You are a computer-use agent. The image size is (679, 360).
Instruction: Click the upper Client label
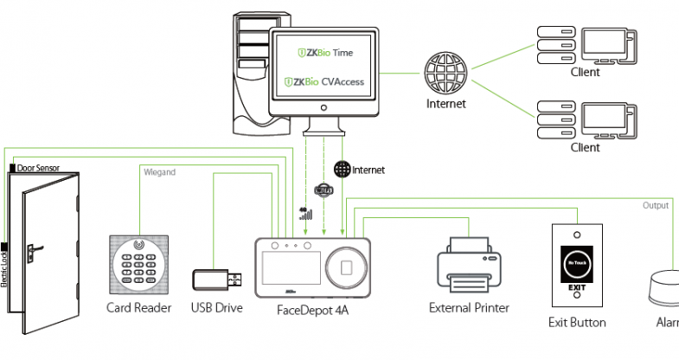[585, 73]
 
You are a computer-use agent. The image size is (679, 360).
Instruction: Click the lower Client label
[585, 148]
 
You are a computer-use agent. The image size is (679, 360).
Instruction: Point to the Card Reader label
[138, 308]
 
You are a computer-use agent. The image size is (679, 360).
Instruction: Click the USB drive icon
[216, 280]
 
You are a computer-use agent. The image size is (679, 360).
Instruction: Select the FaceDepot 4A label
[312, 309]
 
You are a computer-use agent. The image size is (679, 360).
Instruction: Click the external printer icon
[469, 264]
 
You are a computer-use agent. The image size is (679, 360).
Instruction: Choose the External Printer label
[470, 308]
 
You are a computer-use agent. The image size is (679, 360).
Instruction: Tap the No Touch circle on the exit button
[576, 260]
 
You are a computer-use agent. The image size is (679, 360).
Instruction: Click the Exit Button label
[577, 323]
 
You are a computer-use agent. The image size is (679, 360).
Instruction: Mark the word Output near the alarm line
[656, 205]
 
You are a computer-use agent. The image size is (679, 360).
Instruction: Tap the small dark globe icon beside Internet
[341, 170]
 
